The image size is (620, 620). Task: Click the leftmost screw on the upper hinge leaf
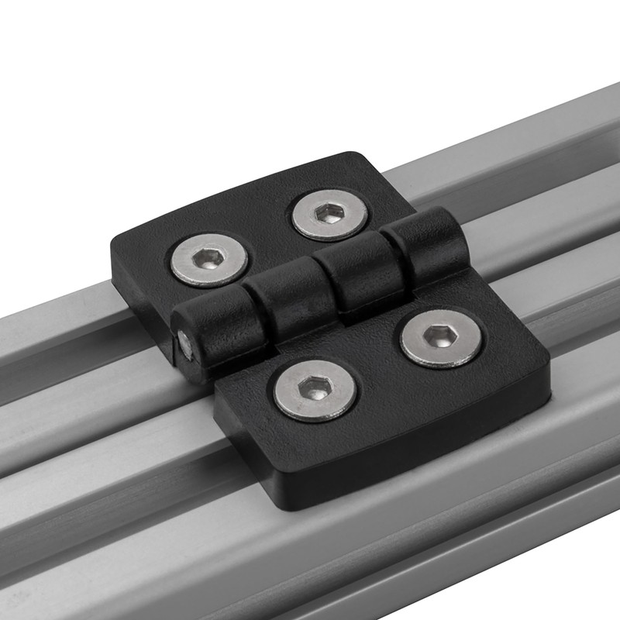(208, 259)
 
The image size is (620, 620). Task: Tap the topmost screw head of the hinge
(330, 215)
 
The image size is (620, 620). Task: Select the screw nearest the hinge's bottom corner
(316, 391)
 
